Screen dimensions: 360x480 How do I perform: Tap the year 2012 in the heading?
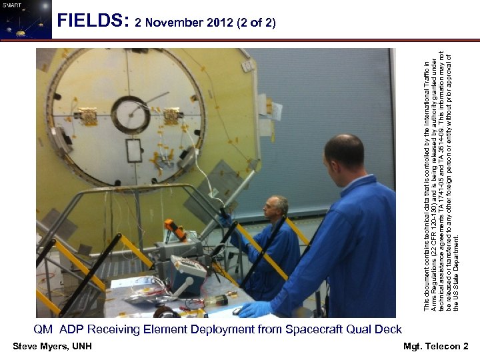click(x=218, y=23)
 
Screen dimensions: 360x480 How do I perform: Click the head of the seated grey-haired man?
click(x=276, y=206)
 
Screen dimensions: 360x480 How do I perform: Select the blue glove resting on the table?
click(x=255, y=309)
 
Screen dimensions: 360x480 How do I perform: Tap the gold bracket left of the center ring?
click(x=87, y=116)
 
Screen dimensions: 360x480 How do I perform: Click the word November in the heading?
click(x=174, y=23)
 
